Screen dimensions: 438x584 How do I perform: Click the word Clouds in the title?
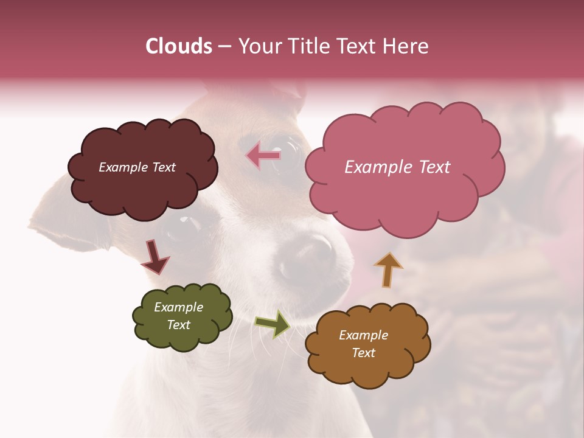(179, 46)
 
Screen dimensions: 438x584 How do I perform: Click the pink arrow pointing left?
(263, 156)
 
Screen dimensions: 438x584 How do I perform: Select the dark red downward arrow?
(155, 257)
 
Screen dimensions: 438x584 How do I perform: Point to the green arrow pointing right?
(273, 323)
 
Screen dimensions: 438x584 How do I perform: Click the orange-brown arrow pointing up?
(388, 269)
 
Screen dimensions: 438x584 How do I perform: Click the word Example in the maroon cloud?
(121, 167)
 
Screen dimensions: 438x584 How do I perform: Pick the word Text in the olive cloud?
(179, 325)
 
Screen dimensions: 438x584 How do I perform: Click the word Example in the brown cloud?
(363, 335)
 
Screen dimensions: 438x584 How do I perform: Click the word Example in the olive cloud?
(179, 307)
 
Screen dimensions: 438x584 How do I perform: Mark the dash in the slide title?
(224, 46)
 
